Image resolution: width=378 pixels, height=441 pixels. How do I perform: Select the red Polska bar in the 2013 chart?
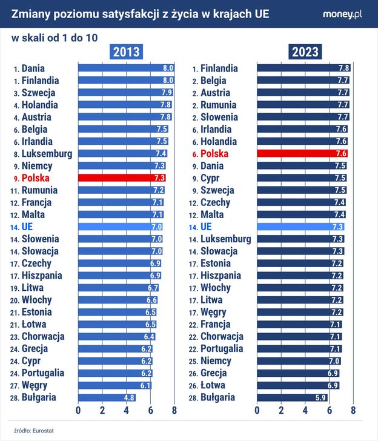point(121,178)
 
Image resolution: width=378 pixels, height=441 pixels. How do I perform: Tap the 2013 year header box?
point(125,51)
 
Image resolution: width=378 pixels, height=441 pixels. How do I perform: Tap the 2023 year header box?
point(305,51)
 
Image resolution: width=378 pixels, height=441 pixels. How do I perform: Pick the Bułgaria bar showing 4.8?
point(107,397)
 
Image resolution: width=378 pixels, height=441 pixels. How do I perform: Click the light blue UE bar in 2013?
point(120,227)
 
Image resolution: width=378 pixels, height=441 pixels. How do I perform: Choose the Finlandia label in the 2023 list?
point(219,68)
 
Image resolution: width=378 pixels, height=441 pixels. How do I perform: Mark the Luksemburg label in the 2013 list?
point(47,154)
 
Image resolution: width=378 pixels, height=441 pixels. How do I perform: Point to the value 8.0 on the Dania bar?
point(168,68)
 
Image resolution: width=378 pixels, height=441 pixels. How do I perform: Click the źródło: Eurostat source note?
point(30,431)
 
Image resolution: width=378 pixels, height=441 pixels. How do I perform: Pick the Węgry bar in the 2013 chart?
point(114,385)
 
